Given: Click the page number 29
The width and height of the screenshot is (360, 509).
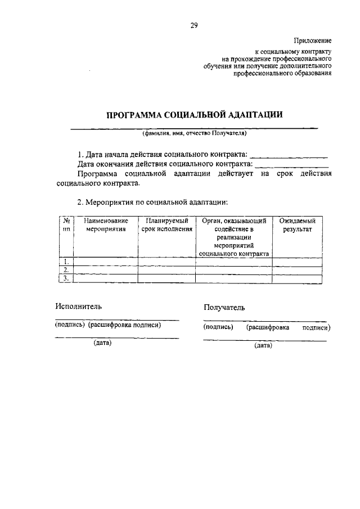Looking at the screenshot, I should pyautogui.click(x=193, y=25).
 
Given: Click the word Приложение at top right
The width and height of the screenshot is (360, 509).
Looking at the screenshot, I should pyautogui.click(x=313, y=41).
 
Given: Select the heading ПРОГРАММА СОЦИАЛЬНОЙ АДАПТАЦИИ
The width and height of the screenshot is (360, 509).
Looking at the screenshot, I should pyautogui.click(x=195, y=115).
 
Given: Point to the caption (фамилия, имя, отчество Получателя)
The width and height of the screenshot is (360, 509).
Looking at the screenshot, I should pyautogui.click(x=195, y=134).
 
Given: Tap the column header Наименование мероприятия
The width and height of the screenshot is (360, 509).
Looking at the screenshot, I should pyautogui.click(x=106, y=226).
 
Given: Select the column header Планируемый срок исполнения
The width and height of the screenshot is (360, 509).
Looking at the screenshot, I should pyautogui.click(x=166, y=226).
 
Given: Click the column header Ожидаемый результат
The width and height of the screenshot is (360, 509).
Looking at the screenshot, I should pyautogui.click(x=297, y=226).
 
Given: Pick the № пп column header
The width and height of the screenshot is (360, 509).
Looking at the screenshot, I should pyautogui.click(x=67, y=226).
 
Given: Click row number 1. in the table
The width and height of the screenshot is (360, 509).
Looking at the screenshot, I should pyautogui.click(x=67, y=262).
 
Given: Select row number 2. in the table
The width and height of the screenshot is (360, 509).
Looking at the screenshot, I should pyautogui.click(x=67, y=270).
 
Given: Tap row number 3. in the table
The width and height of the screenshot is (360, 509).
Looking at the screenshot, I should pyautogui.click(x=67, y=278).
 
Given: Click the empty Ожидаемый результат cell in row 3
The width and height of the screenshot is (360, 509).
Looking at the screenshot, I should pyautogui.click(x=297, y=278).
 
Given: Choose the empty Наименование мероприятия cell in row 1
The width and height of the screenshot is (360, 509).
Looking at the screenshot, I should pyautogui.click(x=106, y=262).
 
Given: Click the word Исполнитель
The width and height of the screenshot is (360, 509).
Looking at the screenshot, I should pyautogui.click(x=78, y=307).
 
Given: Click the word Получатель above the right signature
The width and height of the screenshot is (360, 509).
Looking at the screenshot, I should pyautogui.click(x=225, y=308).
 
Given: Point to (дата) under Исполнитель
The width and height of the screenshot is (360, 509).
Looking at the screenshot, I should pyautogui.click(x=103, y=343).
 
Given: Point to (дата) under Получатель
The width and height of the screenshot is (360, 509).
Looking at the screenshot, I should pyautogui.click(x=263, y=346).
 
